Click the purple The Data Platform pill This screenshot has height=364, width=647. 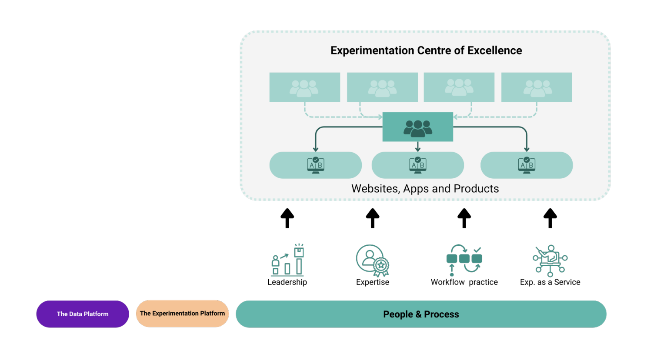click(83, 314)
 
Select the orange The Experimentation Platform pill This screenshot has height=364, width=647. click(182, 314)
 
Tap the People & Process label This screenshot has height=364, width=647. click(421, 314)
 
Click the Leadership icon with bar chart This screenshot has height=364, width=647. click(288, 260)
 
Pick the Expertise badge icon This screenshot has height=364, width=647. click(373, 260)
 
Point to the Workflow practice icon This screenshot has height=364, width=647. click(464, 260)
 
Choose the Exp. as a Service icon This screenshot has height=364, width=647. click(550, 260)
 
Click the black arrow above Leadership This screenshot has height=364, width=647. click(287, 218)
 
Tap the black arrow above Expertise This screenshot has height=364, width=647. click(373, 218)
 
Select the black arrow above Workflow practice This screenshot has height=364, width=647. click(464, 218)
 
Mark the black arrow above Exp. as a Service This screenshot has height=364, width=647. click(550, 218)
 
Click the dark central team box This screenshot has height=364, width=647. click(418, 127)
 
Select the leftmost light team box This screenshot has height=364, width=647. click(305, 87)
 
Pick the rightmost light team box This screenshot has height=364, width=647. click(537, 87)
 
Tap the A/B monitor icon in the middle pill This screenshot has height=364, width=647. click(418, 165)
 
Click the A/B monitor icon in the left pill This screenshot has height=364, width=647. click(316, 165)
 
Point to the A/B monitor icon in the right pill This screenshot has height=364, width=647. click(527, 165)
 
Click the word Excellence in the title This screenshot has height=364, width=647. click(495, 50)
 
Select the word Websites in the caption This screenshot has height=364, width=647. click(376, 189)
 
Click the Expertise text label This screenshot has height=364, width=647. click(373, 282)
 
